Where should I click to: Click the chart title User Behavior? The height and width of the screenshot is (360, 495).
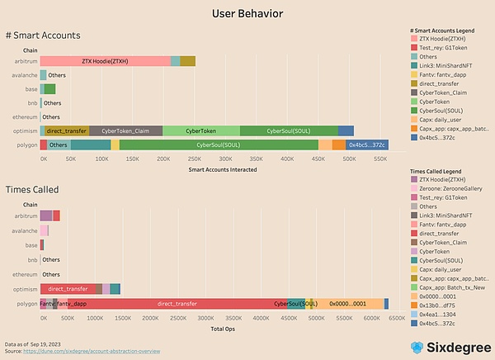point(247,13)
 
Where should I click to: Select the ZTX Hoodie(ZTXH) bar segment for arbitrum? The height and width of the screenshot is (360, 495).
point(105,61)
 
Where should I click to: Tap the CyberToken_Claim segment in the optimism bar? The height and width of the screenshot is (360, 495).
point(125,130)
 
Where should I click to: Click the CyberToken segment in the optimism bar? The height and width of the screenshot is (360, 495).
point(201,130)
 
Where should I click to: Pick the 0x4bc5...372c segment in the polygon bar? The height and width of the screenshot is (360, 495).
point(367,144)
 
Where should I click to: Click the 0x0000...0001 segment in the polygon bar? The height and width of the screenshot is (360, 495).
point(347,304)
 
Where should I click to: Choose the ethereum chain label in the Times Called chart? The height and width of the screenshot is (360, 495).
point(25,274)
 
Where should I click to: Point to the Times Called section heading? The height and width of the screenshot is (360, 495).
point(31,189)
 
